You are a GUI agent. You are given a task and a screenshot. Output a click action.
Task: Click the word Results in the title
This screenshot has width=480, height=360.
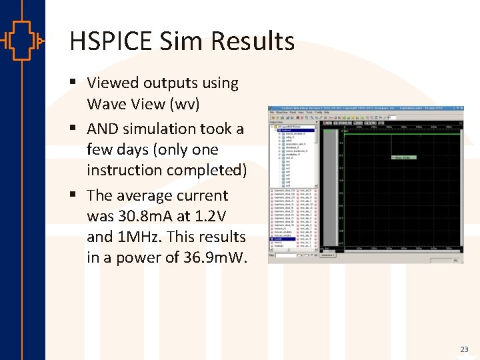[x=253, y=41]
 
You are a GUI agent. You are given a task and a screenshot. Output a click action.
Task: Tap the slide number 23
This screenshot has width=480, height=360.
[x=464, y=349]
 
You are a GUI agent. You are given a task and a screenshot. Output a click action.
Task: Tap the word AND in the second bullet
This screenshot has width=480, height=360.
[x=103, y=129]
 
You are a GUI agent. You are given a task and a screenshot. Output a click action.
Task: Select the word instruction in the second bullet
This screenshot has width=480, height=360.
[x=125, y=170]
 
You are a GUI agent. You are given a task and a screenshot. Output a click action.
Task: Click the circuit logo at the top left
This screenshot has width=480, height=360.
[x=22, y=41]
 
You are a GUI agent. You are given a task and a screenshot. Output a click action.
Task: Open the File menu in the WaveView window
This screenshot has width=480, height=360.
[x=271, y=113]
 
